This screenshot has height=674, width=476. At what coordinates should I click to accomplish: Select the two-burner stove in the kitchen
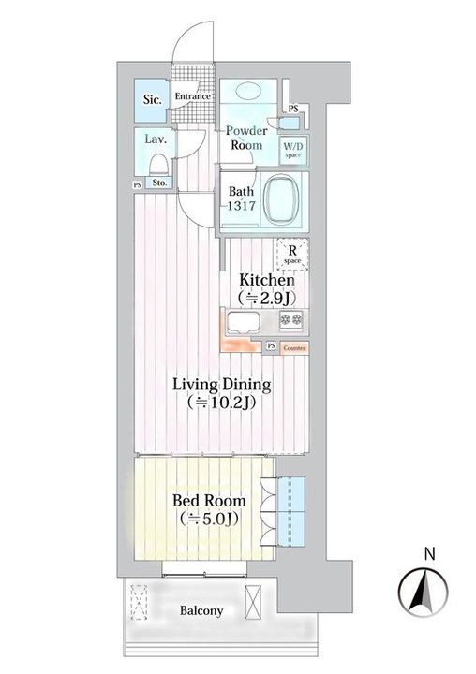pos(290,319)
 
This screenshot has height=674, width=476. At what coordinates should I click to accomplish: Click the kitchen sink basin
pos(244,322)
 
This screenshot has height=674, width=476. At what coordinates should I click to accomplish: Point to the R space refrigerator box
pos(292,254)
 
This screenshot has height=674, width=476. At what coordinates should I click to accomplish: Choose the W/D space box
pos(293,151)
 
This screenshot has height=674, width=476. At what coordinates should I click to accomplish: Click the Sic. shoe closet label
pos(153,100)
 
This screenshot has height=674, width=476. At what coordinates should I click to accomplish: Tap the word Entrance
pos(193,96)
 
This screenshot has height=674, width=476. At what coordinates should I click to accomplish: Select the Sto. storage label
pos(159,183)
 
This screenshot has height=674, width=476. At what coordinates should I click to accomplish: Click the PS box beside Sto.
pos(138,185)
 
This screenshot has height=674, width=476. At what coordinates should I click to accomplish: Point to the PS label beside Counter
pos(271,346)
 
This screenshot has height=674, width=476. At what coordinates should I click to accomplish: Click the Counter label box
pos(295,347)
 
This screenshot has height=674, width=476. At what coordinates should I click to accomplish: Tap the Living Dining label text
pos(222,385)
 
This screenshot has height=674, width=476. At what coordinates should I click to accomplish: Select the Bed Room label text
pos(209,500)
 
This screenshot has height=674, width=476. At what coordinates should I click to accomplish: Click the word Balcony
pos(201,610)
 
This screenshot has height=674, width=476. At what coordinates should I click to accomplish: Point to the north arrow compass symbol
pos(424,592)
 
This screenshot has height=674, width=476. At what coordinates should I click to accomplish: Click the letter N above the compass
pos(429,553)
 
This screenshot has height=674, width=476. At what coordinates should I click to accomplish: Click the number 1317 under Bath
pos(242,206)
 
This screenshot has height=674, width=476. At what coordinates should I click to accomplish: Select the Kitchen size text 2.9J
pos(267,298)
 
